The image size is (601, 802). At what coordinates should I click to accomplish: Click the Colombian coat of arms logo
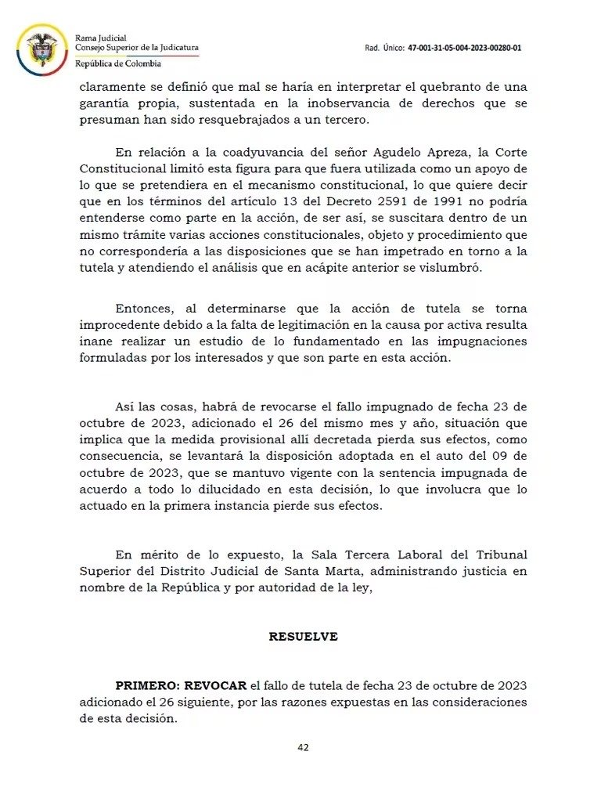(41, 49)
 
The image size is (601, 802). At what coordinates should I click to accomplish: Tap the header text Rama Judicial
(100, 38)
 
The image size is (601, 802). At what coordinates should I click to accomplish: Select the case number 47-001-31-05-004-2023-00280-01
(464, 48)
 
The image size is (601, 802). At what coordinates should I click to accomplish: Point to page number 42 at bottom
(303, 747)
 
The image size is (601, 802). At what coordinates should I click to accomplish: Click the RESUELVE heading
(303, 637)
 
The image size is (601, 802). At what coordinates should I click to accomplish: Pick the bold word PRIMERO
(147, 686)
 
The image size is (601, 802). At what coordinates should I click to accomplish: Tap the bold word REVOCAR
(216, 686)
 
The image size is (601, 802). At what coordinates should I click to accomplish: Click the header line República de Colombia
(118, 63)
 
